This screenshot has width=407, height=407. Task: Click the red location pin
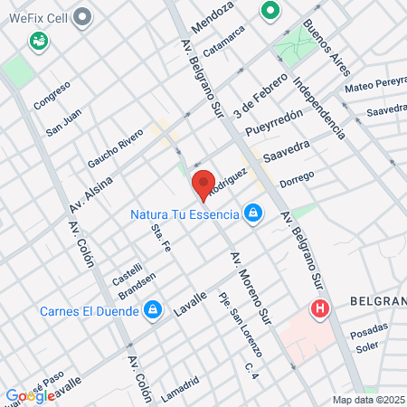[203, 183]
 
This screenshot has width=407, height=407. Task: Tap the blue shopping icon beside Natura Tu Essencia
[254, 213]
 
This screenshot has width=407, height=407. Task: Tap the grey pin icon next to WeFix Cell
[83, 16]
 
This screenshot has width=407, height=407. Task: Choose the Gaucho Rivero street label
[115, 149]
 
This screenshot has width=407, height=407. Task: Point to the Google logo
[29, 395]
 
